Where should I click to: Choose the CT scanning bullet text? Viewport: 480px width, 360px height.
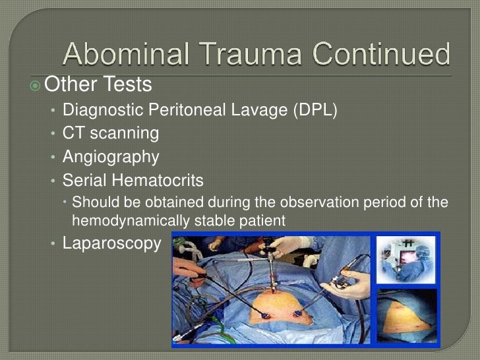[111, 134]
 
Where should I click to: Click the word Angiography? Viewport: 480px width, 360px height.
[111, 158]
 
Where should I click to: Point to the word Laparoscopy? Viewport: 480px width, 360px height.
[111, 243]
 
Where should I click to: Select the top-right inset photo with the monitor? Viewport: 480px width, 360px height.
[405, 260]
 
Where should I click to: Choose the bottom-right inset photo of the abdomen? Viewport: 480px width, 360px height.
[405, 316]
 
